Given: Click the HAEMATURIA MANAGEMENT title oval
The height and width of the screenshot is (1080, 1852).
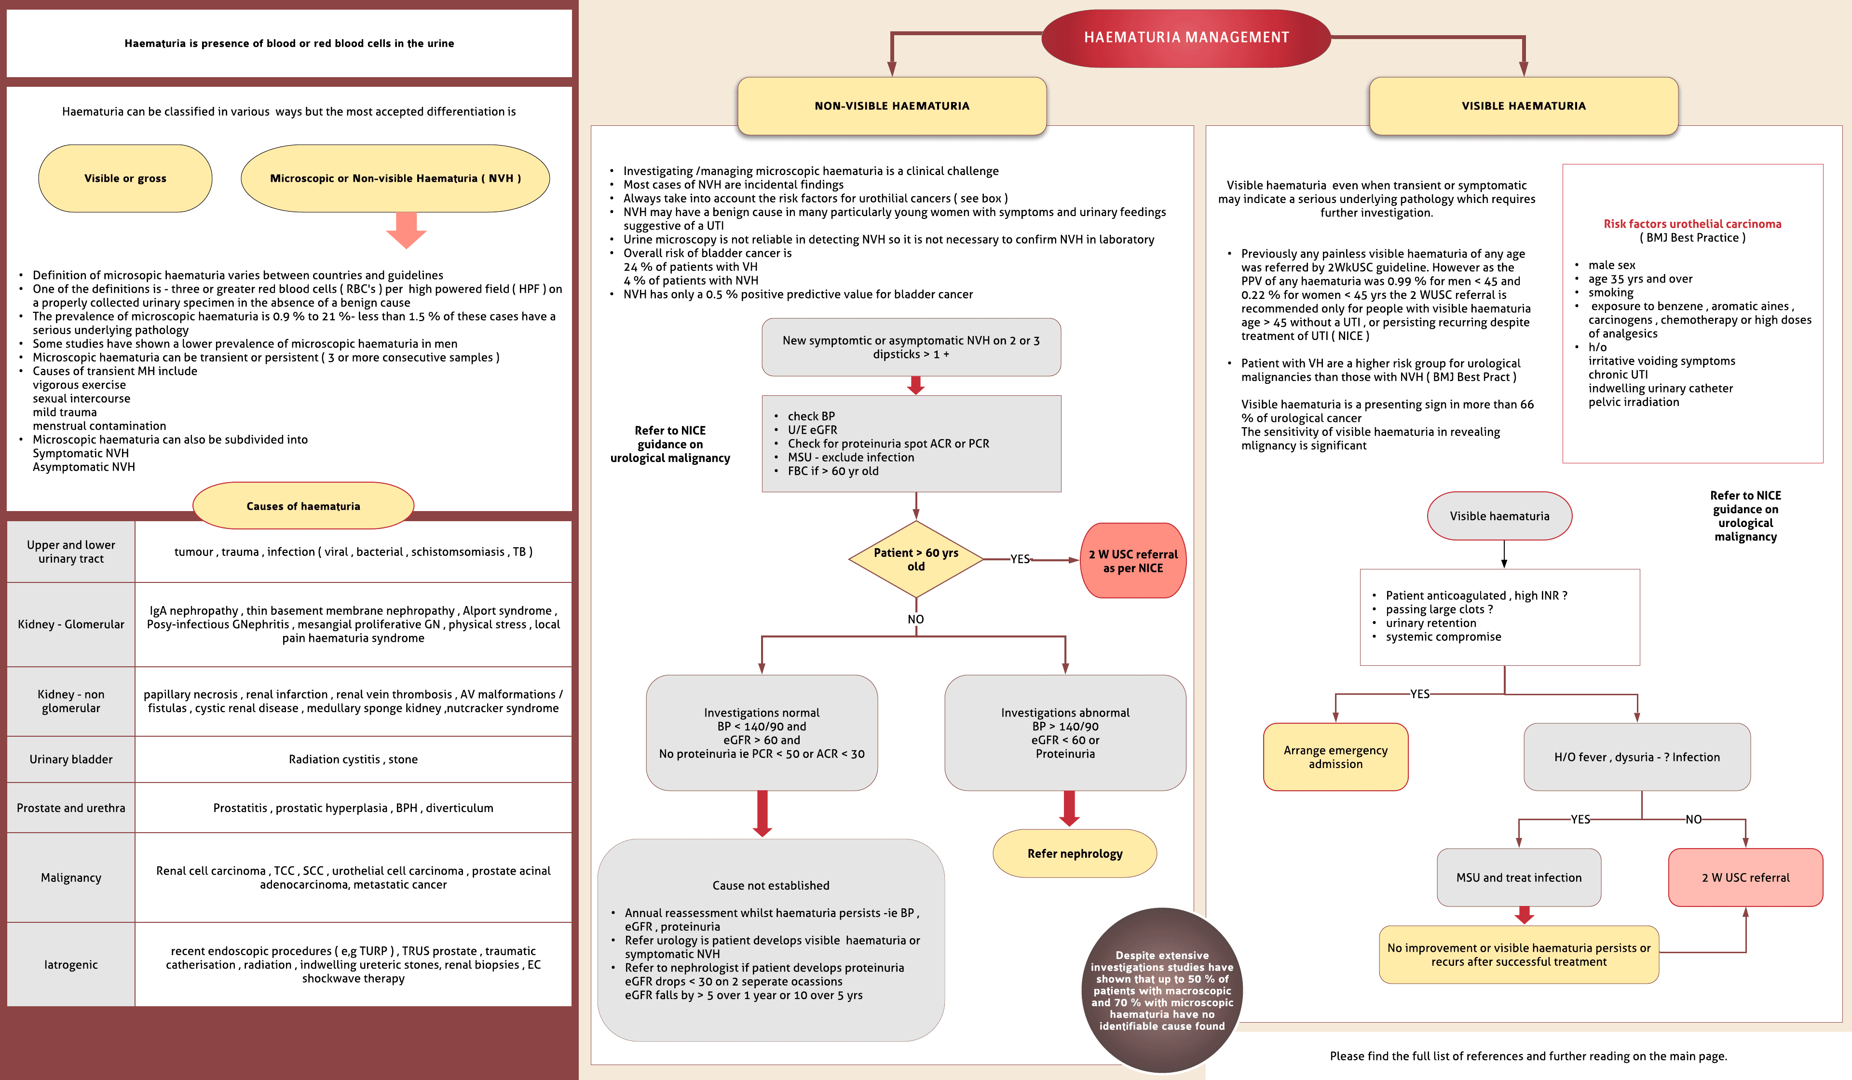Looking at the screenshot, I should tap(1185, 38).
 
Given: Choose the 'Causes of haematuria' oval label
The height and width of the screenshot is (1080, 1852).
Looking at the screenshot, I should tap(303, 506).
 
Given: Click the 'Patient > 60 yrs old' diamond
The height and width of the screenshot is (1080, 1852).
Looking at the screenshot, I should tap(916, 559).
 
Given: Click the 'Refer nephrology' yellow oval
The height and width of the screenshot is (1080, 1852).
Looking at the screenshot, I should tap(1075, 853).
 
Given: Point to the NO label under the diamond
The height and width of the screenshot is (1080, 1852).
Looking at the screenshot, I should tap(916, 620).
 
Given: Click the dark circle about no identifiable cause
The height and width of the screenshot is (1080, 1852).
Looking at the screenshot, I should tap(1161, 990).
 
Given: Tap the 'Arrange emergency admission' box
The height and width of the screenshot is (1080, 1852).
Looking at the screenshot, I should tap(1335, 757).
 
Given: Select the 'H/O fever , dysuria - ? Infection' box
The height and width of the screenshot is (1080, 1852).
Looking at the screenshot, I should tap(1637, 757).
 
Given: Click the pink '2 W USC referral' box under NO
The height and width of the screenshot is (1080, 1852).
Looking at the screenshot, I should tap(1745, 877).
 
